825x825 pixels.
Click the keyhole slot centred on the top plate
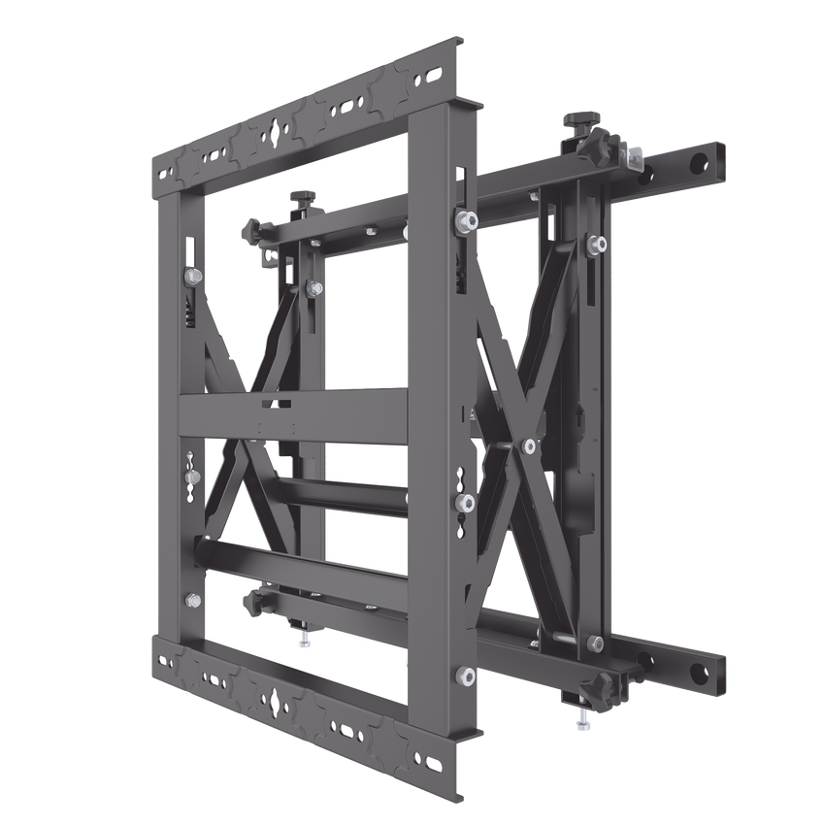(x=279, y=130)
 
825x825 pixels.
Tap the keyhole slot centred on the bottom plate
(x=280, y=697)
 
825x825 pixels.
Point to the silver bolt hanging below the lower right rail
(x=584, y=722)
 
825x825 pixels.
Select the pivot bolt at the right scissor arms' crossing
(x=529, y=445)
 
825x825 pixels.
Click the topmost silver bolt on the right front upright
(x=466, y=218)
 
